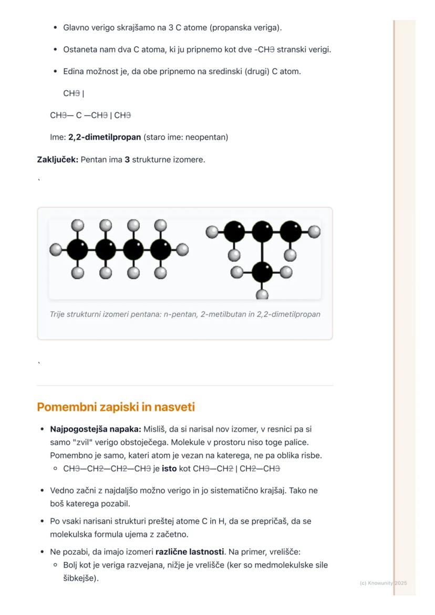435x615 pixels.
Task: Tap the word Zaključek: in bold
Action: coord(57,159)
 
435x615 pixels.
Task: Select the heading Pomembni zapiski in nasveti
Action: coord(116,407)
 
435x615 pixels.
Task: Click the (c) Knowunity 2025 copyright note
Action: coord(383,583)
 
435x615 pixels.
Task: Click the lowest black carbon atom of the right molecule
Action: coord(262,272)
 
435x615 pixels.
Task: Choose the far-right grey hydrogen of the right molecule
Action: coord(314,231)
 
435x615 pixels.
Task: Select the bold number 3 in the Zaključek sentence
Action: coord(127,159)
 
